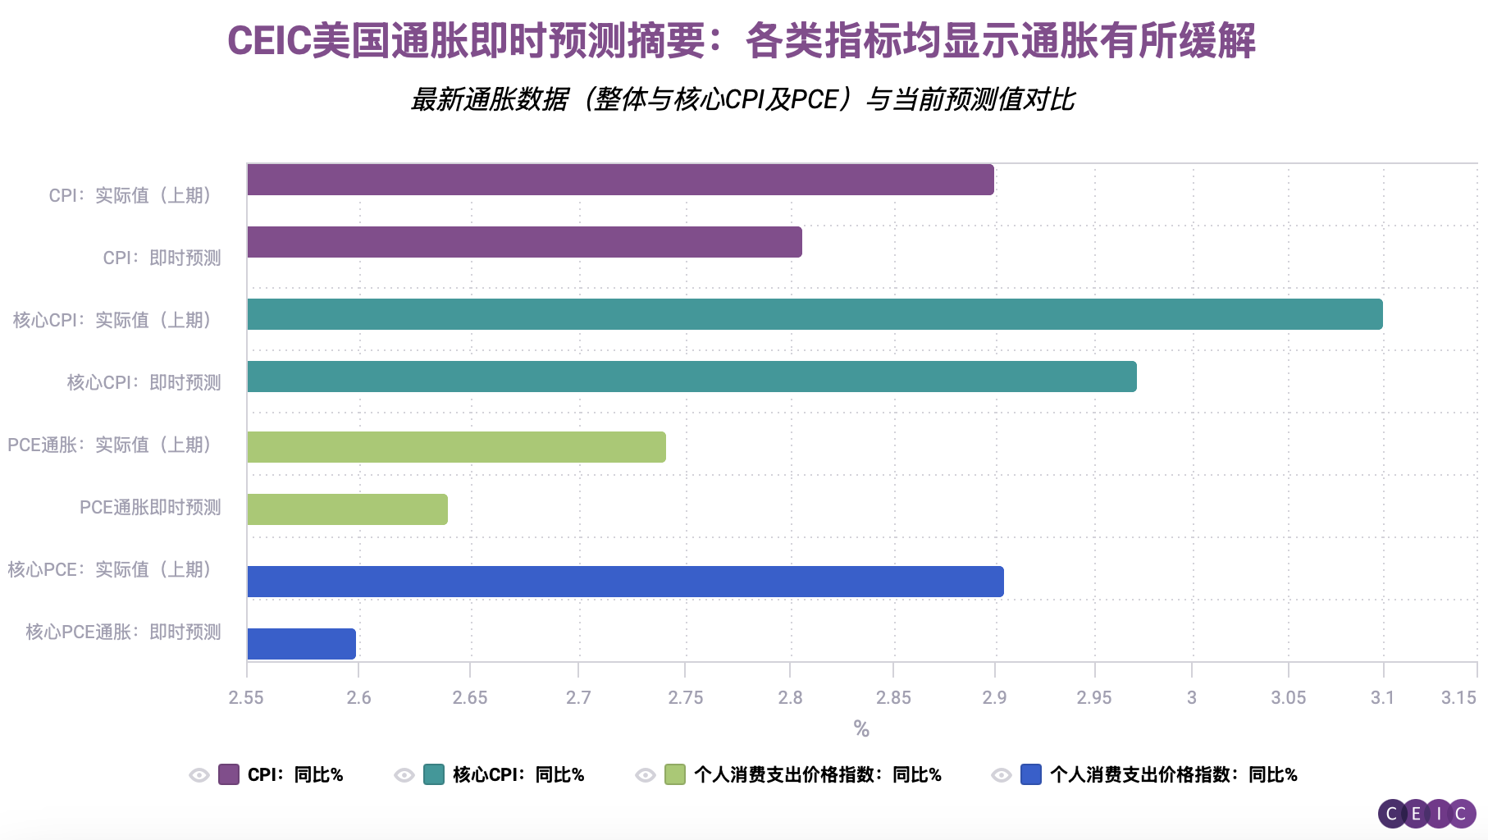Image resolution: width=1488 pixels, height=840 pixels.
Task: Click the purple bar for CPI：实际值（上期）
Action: [x=620, y=180]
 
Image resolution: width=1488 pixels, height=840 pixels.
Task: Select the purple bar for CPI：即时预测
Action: [x=524, y=242]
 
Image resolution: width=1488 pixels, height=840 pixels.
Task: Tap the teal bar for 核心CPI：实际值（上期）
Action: [x=815, y=314]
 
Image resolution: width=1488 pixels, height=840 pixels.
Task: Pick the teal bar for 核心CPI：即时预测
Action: [x=692, y=377]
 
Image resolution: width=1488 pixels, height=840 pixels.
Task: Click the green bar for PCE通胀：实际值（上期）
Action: [x=456, y=447]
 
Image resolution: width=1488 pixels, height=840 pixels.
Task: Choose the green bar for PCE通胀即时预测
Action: [x=347, y=509]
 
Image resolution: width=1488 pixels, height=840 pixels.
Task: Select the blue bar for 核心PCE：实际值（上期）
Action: [x=625, y=582]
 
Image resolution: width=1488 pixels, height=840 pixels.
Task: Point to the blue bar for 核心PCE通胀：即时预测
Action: [x=301, y=644]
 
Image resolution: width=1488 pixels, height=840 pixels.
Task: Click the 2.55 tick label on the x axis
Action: [x=246, y=697]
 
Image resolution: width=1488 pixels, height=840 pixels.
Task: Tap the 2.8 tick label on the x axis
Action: [x=790, y=697]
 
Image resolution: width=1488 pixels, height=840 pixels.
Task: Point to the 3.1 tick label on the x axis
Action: [x=1382, y=697]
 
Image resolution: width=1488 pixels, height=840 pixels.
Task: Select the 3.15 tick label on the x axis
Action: [x=1458, y=697]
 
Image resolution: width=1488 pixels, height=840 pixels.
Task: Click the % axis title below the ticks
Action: [x=860, y=728]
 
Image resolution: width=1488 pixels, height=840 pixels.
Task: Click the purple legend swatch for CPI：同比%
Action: [x=229, y=774]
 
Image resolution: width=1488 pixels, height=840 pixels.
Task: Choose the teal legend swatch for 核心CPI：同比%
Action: [x=434, y=774]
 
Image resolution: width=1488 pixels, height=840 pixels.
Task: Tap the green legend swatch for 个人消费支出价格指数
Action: [x=675, y=774]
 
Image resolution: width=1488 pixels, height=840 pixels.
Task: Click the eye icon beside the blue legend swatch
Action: [x=1002, y=775]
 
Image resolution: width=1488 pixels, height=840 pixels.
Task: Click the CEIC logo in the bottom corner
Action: [x=1426, y=814]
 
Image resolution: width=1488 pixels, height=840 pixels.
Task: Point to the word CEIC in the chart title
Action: [x=269, y=41]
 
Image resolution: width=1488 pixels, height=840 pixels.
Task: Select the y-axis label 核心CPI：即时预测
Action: [x=144, y=382]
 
